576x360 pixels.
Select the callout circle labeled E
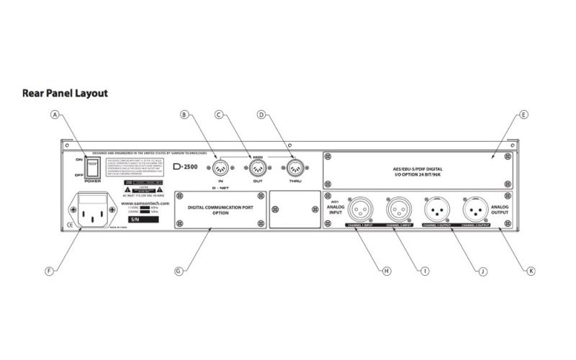click(x=523, y=114)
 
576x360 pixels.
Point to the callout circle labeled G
click(x=179, y=271)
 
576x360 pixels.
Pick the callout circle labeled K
click(x=531, y=271)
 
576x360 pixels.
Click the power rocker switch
click(x=92, y=166)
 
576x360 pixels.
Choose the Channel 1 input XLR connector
click(x=361, y=210)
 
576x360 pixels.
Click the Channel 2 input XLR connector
click(x=398, y=210)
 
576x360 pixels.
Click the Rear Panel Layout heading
click(x=65, y=93)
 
